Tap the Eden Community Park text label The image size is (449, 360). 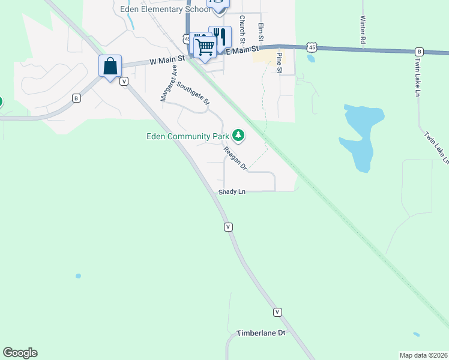(x=188, y=136)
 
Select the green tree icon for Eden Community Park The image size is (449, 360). (x=239, y=136)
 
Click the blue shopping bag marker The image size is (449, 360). (x=110, y=66)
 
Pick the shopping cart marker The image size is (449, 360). (x=205, y=46)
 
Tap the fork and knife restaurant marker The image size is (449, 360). (x=220, y=37)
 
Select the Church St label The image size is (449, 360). (x=242, y=29)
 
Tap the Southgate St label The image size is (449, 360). (x=193, y=92)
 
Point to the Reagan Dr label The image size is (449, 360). (x=235, y=158)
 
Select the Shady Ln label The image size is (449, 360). (x=232, y=192)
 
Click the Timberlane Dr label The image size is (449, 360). (x=261, y=332)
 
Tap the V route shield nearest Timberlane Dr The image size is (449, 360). (x=277, y=312)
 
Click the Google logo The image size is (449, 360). (x=20, y=353)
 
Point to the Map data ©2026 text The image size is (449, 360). (x=424, y=355)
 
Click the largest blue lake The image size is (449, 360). (x=359, y=137)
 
